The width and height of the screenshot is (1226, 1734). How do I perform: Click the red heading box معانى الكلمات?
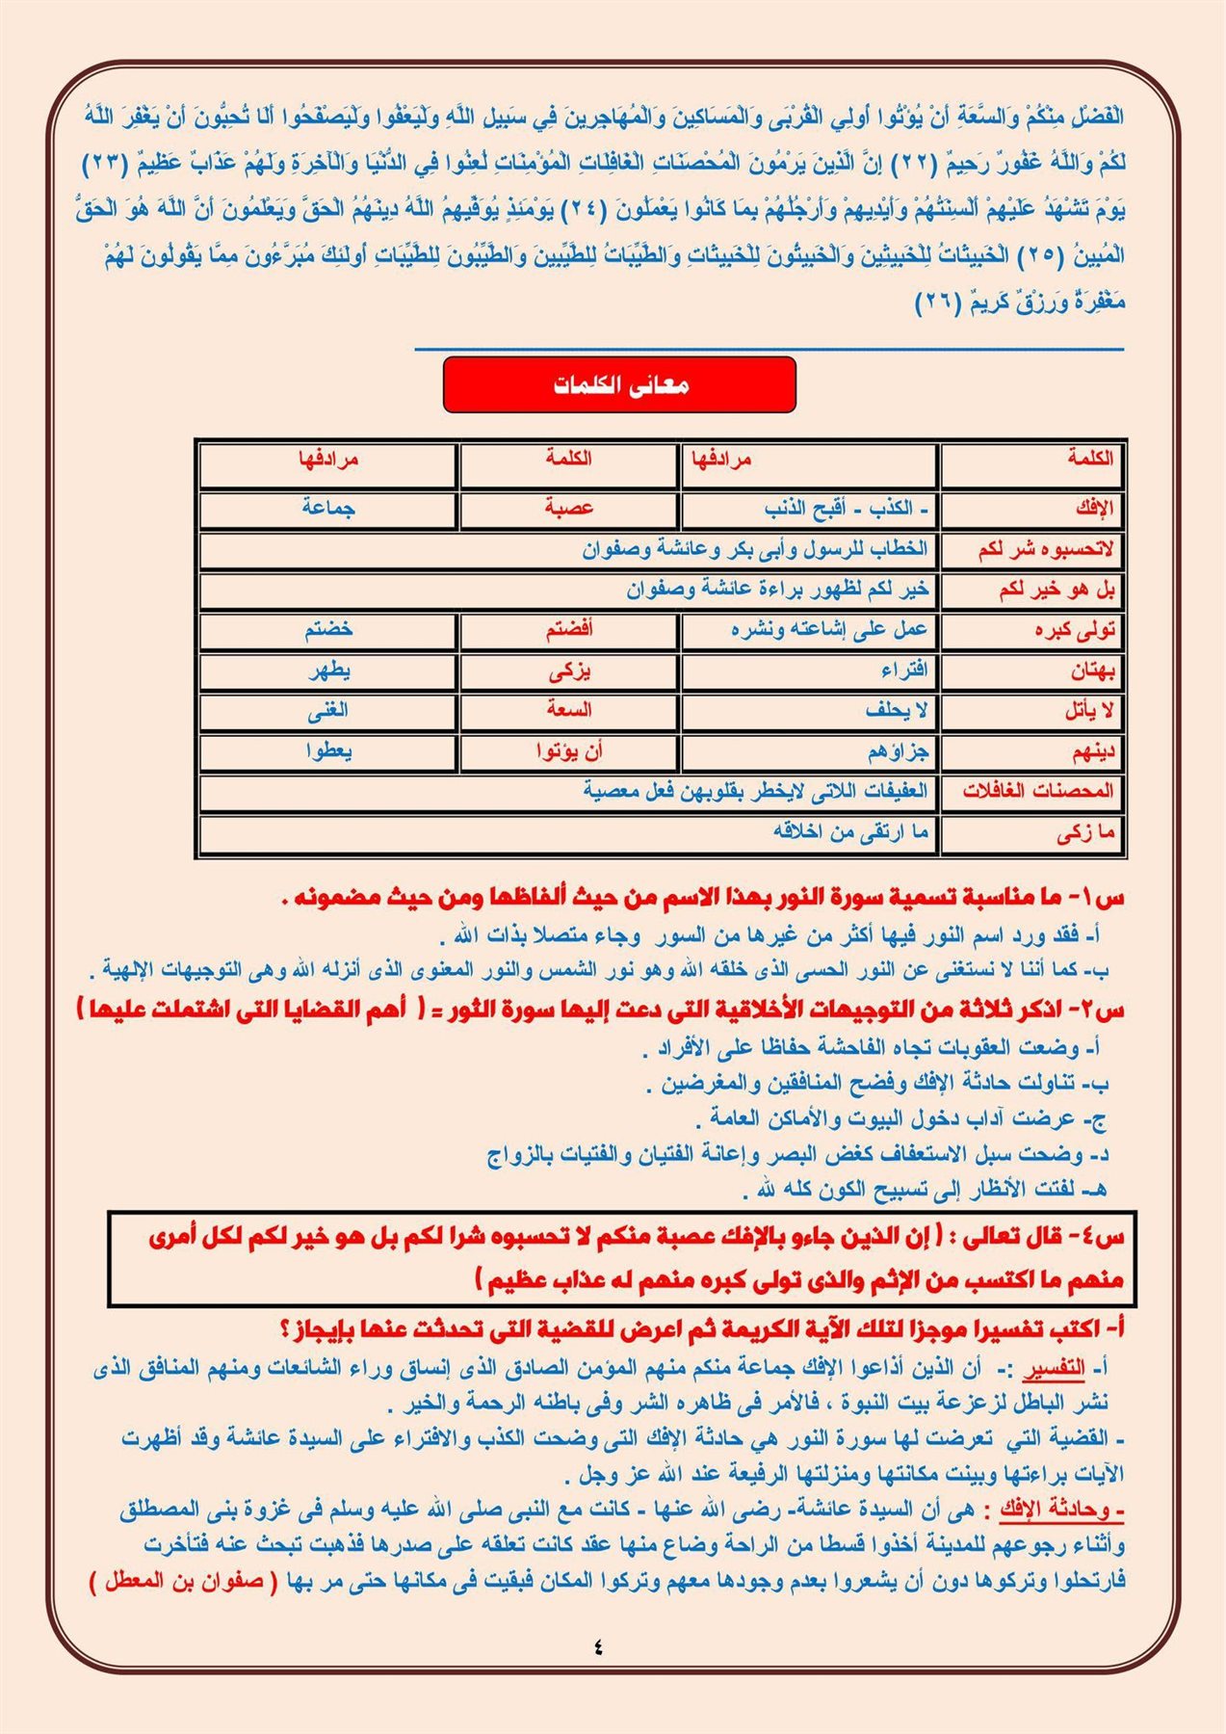point(619,385)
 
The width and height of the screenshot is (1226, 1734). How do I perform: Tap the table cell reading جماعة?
point(328,508)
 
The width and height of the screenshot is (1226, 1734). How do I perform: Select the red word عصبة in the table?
point(568,508)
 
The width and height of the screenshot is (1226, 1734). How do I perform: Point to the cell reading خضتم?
point(328,630)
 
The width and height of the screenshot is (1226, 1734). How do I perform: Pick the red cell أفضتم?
point(568,630)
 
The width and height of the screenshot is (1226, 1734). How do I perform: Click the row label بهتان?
point(1091,670)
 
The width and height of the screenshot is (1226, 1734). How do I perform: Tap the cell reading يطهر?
point(329,670)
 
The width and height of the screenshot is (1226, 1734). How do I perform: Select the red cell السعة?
point(568,710)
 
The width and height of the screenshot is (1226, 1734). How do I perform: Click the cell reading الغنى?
point(327,711)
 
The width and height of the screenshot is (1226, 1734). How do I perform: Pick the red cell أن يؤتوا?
point(569,751)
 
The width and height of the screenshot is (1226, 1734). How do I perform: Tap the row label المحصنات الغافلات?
point(1037,792)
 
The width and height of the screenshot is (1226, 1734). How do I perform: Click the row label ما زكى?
point(1084,833)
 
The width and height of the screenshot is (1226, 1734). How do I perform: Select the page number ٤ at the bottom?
point(598,1646)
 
